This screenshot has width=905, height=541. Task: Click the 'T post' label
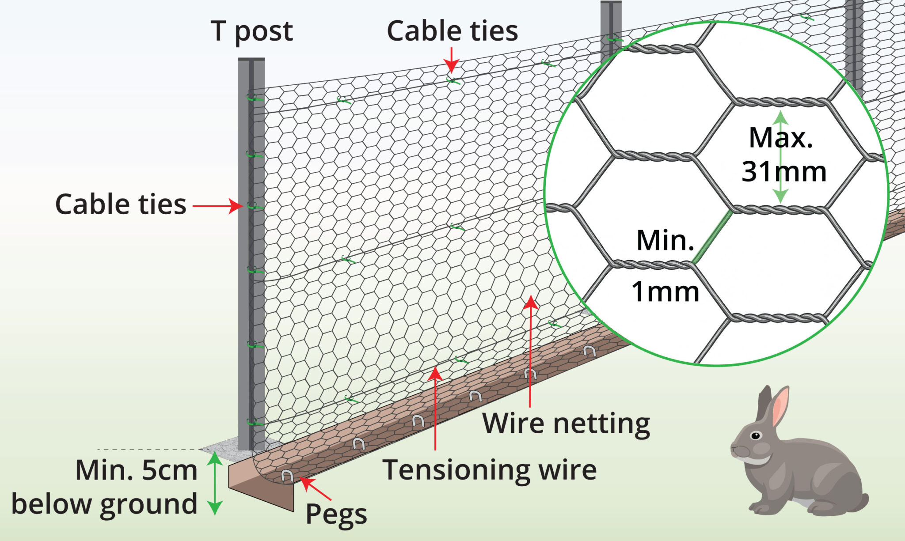coord(251,31)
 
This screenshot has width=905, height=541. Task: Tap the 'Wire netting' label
coord(566,424)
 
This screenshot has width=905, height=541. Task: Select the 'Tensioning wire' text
coord(490,470)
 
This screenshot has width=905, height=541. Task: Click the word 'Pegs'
coord(336,514)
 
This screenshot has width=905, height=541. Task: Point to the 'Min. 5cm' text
coord(136,470)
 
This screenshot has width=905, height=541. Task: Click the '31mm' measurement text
coord(783,171)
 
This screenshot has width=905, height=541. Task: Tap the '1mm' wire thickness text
coord(665,292)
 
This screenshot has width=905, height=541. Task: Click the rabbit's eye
coord(756,436)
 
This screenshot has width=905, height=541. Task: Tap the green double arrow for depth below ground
coord(215,484)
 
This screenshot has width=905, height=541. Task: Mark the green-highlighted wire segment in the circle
coord(712,236)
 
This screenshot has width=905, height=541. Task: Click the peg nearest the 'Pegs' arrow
coord(287,476)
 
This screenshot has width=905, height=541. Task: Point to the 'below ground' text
coord(104,504)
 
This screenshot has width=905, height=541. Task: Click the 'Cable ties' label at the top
coord(452,31)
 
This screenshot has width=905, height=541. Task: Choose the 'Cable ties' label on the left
coord(121,204)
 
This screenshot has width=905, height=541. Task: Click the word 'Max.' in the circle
coord(781,138)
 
